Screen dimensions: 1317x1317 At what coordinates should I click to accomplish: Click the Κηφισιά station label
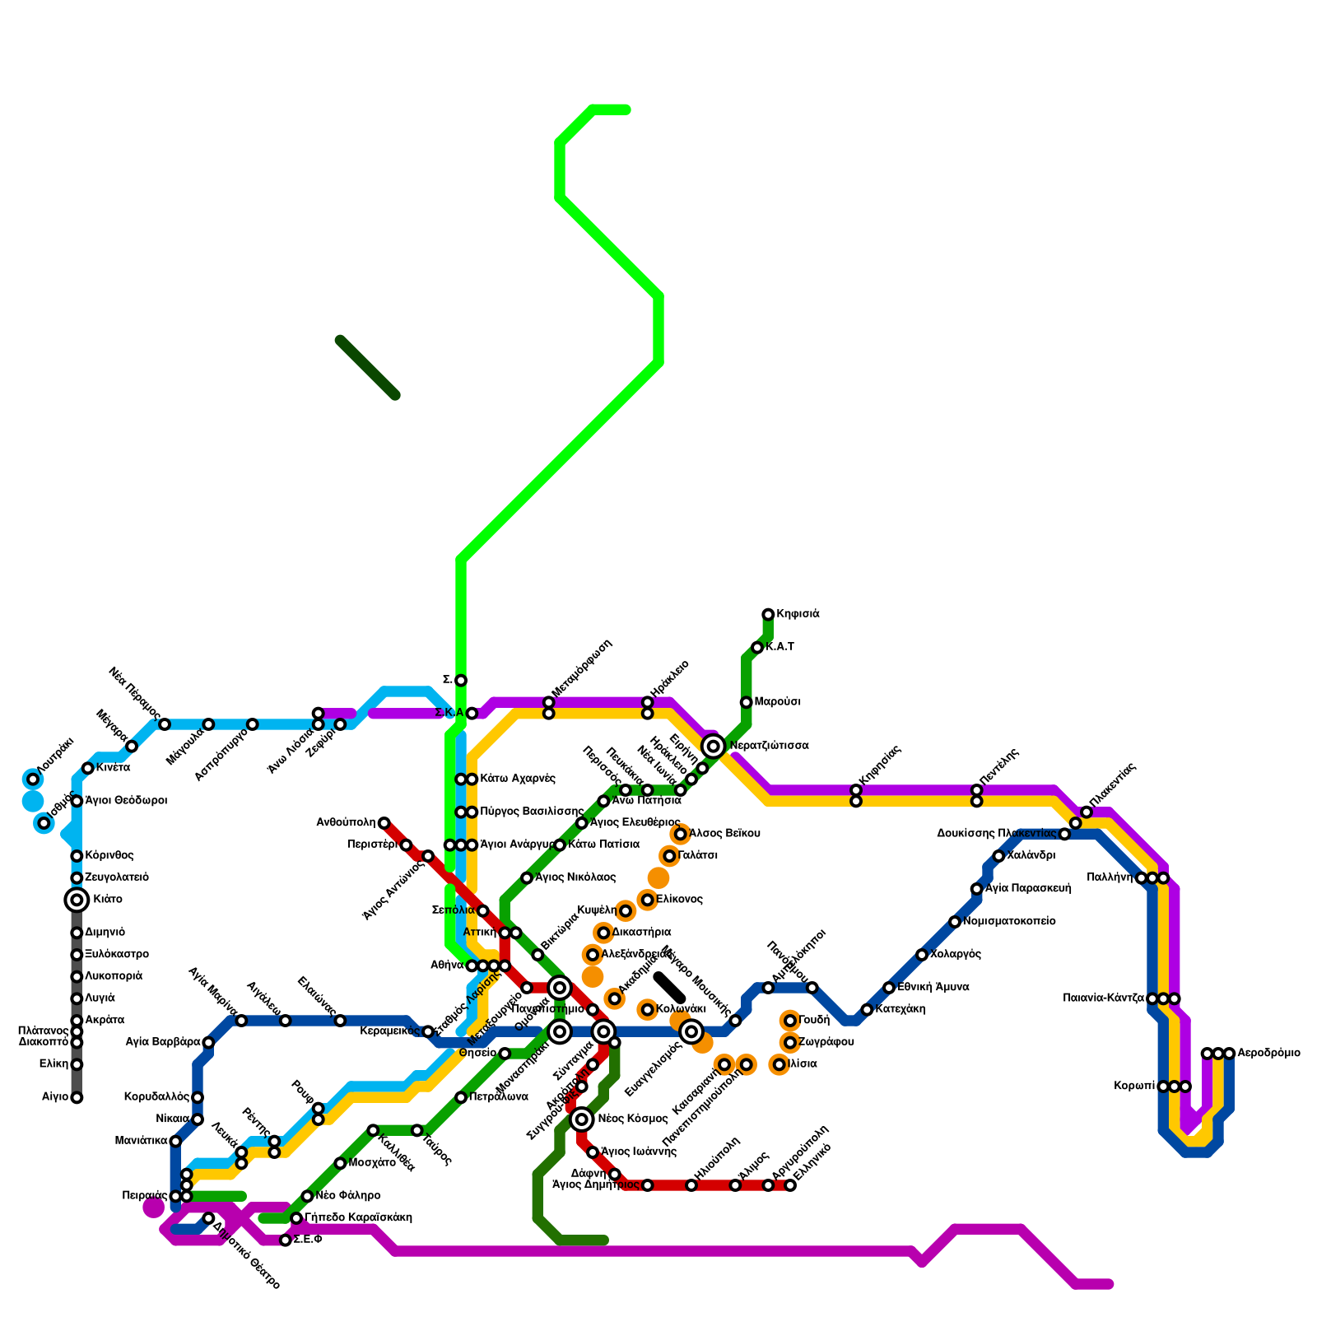(798, 614)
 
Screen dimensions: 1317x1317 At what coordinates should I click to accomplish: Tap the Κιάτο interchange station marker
(77, 900)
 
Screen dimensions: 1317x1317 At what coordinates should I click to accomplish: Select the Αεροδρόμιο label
(1268, 1053)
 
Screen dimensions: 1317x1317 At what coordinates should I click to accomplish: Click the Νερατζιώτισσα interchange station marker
(714, 746)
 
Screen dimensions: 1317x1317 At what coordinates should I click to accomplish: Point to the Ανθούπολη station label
(346, 822)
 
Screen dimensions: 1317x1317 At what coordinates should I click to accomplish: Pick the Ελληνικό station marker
(790, 1185)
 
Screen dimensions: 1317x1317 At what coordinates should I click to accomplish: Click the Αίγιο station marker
(77, 1097)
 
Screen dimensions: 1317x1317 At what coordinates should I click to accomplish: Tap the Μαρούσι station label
(777, 702)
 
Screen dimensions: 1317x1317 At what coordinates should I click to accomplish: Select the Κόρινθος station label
(109, 856)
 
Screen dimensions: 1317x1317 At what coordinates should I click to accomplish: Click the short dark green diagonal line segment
(368, 368)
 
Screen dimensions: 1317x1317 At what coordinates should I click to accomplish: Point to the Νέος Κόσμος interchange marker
(582, 1119)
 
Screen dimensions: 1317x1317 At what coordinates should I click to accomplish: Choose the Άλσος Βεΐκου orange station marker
(681, 835)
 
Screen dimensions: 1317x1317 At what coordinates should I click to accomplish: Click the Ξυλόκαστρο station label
(116, 955)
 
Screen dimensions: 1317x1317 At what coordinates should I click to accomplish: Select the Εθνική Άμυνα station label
(933, 988)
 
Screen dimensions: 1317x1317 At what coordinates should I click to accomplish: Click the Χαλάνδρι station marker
(998, 856)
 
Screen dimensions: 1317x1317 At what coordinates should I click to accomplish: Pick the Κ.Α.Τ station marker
(757, 648)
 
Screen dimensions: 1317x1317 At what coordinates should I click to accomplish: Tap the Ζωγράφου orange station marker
(790, 1043)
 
